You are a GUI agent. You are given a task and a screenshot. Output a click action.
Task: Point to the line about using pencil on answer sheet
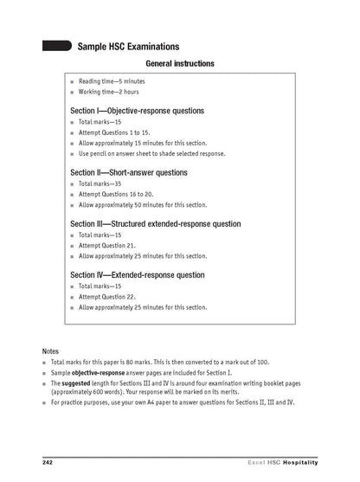click(x=151, y=153)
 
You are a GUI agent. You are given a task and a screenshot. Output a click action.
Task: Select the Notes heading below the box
click(x=51, y=350)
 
